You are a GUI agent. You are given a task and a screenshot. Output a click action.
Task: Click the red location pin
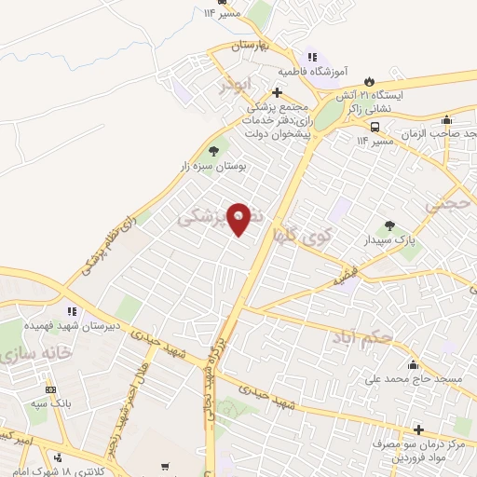point(238,217)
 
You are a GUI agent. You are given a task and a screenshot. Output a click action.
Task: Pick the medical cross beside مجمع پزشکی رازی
point(277,92)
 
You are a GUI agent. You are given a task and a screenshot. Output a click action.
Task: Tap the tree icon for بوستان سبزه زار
point(215,150)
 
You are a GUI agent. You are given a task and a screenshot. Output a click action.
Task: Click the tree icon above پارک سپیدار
point(388,225)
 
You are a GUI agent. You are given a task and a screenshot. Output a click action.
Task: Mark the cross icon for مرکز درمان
point(418,430)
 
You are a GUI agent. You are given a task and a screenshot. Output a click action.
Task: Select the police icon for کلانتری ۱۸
point(59,457)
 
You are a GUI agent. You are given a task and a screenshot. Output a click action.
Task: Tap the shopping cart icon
point(165,467)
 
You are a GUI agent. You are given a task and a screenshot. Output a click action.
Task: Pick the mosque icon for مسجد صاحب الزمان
point(447,119)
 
